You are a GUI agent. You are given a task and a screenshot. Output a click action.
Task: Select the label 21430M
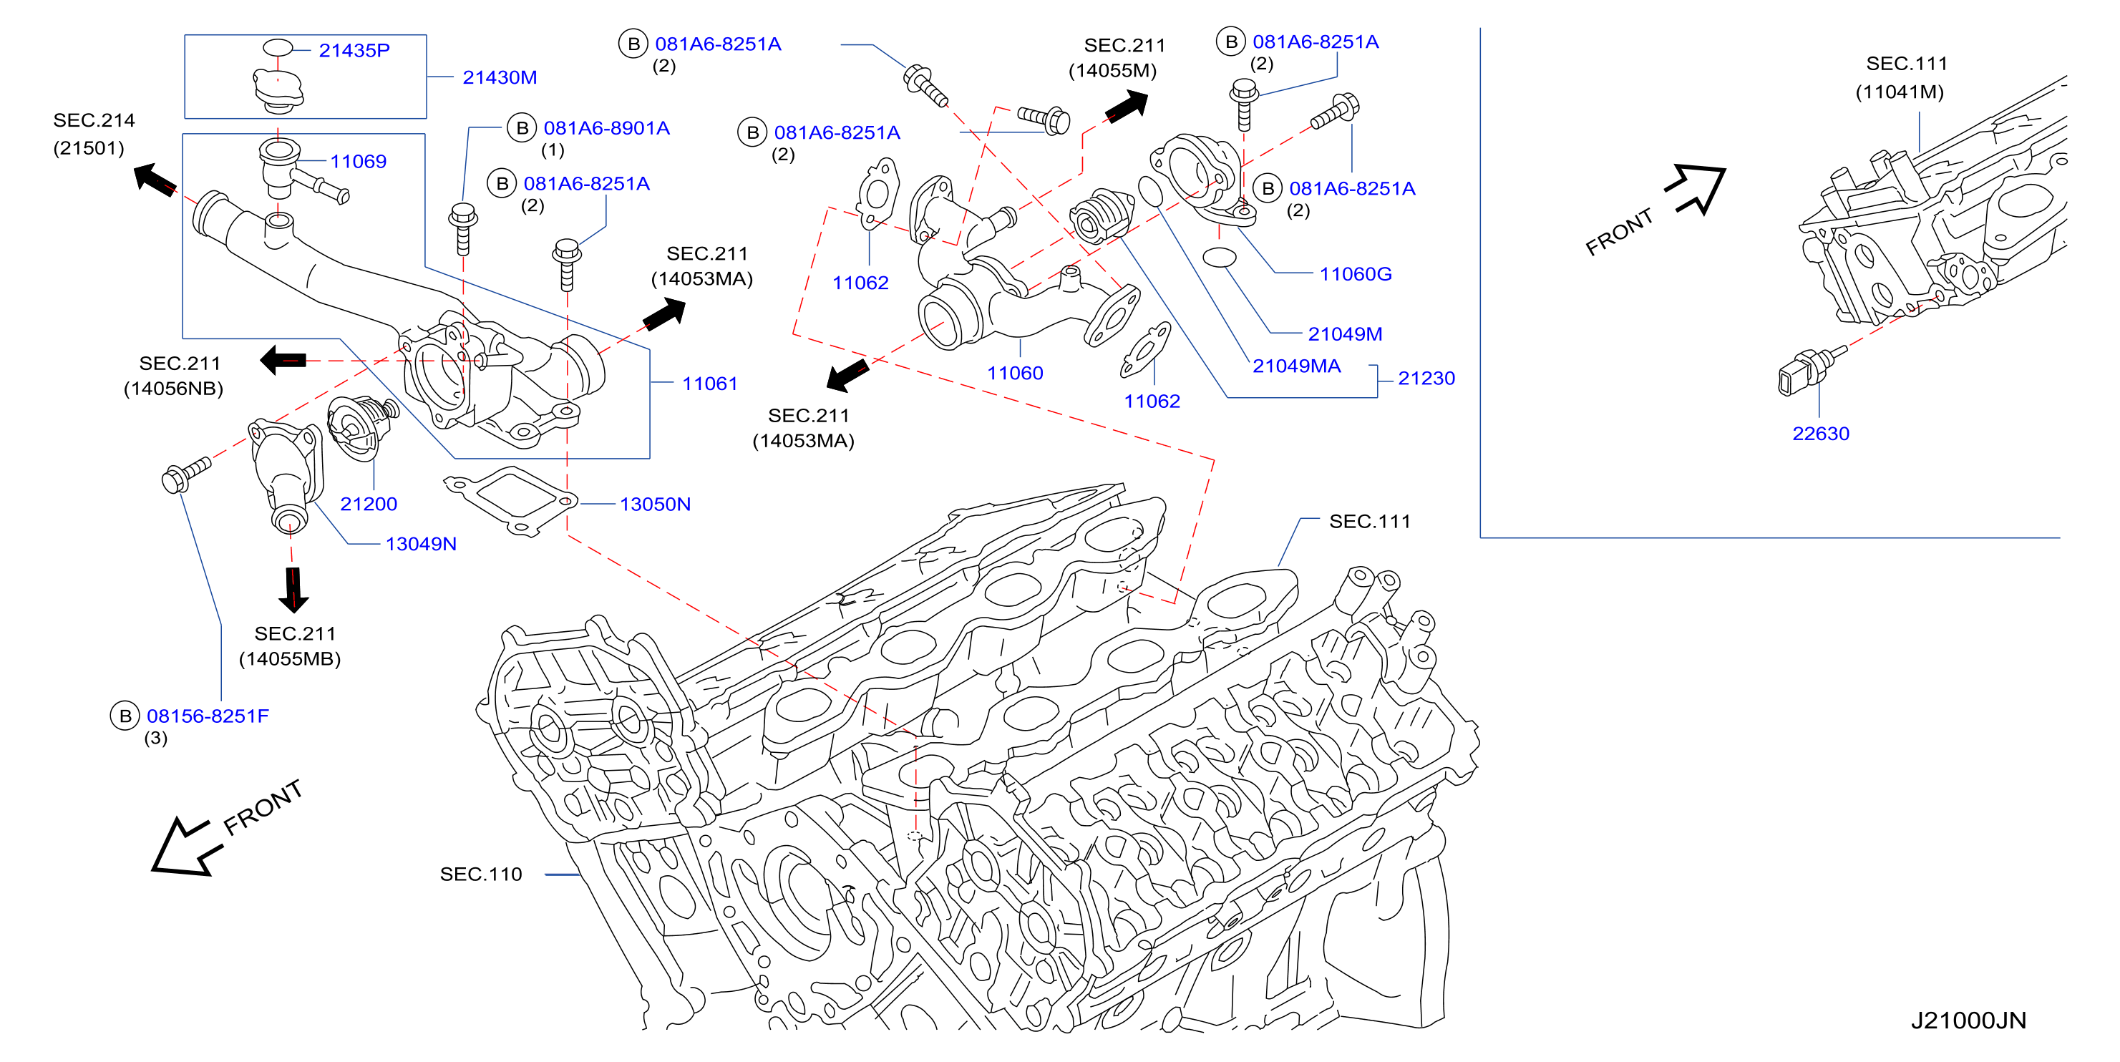coord(500,77)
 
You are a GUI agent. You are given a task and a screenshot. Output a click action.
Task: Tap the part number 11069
coord(358,161)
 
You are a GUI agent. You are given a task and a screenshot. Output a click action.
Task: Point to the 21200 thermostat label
coord(369,503)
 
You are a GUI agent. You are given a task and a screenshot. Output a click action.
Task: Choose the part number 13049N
coord(421,544)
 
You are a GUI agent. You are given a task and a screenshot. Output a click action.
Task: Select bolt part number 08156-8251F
coord(208,716)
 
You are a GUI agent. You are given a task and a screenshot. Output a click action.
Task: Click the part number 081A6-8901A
coord(606,128)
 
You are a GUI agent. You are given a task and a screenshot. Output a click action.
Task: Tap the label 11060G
coord(1356,274)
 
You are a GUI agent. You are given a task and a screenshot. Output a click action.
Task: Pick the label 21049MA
coord(1296,366)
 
